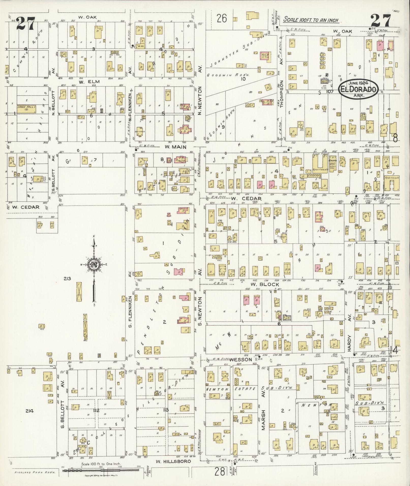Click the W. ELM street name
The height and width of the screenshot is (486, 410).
[85, 82]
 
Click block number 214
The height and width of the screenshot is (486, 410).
[29, 411]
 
